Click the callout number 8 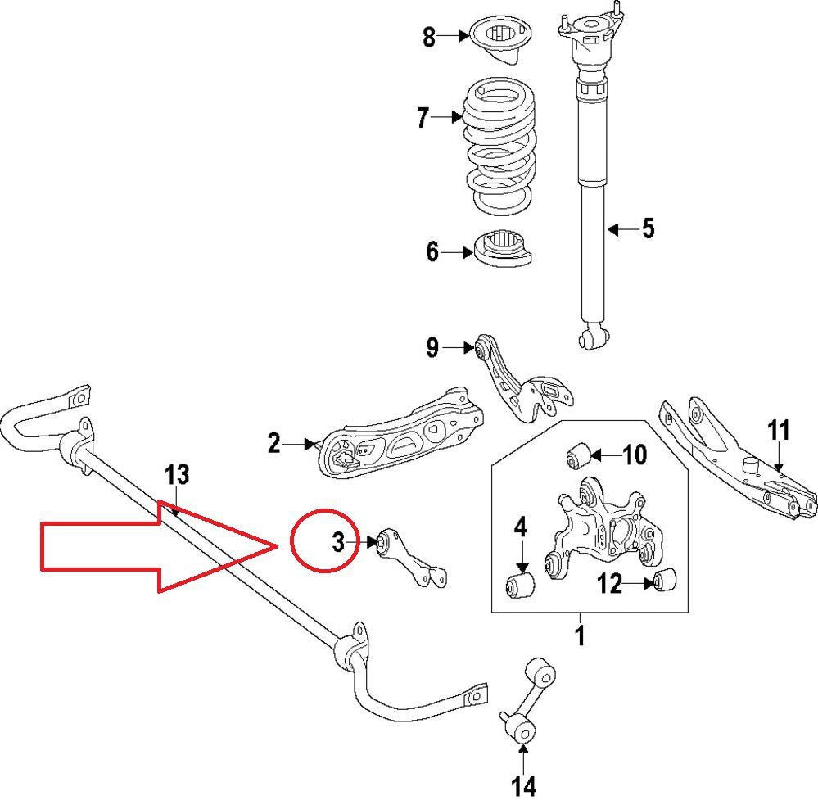click(429, 38)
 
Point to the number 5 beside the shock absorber click(648, 228)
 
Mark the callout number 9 click(432, 348)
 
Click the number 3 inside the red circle click(338, 541)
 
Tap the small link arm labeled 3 click(409, 561)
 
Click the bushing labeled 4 click(518, 585)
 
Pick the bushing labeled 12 click(667, 581)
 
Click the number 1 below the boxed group click(580, 635)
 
